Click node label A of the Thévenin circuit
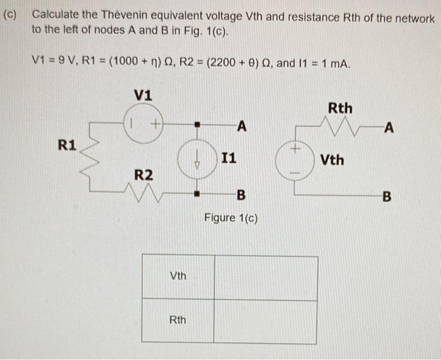tap(389, 130)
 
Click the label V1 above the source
tap(142, 96)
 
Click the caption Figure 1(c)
tap(231, 218)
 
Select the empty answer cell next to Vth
tap(265, 276)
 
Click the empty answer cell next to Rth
tap(265, 320)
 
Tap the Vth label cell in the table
tap(178, 276)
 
